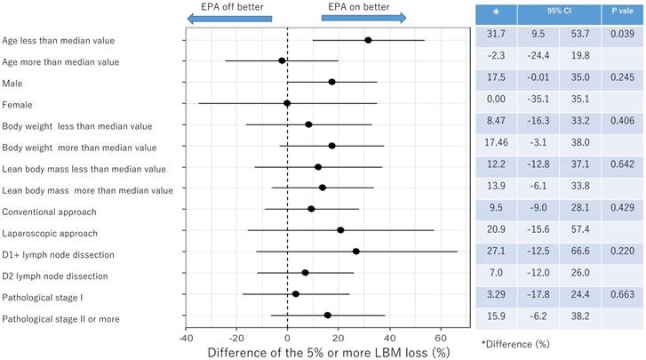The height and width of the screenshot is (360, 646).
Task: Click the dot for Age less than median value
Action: coord(368,40)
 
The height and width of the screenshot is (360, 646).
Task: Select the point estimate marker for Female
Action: coord(287,103)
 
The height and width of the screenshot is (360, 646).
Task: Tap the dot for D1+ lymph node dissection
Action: coord(356,252)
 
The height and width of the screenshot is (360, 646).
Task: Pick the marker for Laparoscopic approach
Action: coord(340,230)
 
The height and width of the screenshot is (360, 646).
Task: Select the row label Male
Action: coord(13,83)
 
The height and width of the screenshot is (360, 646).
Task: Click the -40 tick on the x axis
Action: coord(186,338)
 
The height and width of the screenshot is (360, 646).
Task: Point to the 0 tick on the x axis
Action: coord(287,338)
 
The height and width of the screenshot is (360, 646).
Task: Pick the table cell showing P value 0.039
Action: coord(620,33)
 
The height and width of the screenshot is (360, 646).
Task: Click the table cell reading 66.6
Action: coord(579,252)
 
